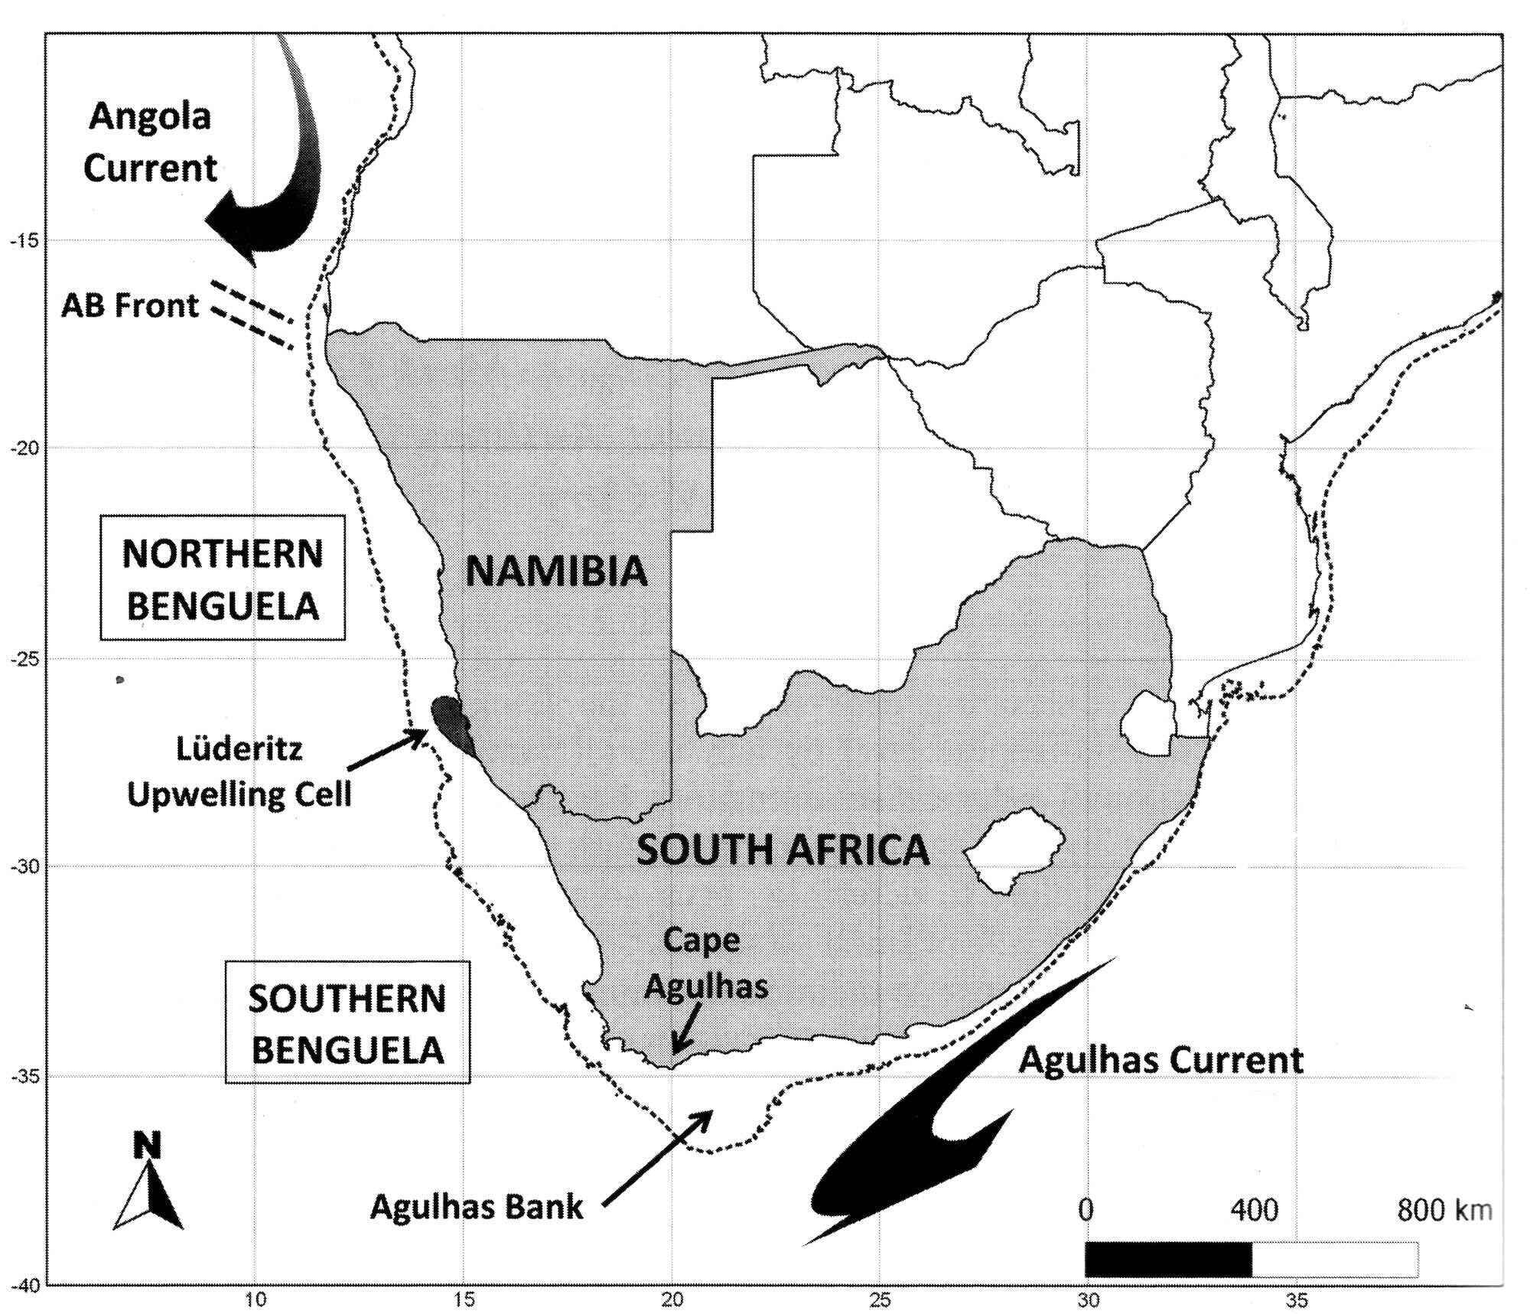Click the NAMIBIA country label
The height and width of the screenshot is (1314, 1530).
(556, 572)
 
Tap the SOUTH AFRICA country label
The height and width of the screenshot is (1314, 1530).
(783, 850)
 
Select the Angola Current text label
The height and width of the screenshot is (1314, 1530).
(150, 142)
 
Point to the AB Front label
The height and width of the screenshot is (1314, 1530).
(130, 306)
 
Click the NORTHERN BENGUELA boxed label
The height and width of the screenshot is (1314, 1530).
(222, 579)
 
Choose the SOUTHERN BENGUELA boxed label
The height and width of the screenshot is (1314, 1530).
(347, 1024)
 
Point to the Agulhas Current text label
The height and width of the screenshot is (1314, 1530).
(1161, 1060)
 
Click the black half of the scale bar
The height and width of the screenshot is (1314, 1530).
(1167, 1260)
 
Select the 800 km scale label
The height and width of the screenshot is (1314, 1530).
(1444, 1210)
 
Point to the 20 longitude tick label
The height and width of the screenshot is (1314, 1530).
(672, 1299)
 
